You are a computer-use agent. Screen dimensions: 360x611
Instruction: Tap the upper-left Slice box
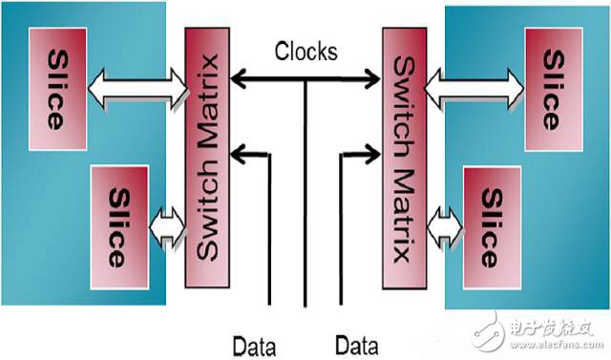[57, 89]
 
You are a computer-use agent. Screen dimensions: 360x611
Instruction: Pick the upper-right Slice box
[552, 89]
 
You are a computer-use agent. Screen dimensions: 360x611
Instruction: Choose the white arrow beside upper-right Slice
[474, 89]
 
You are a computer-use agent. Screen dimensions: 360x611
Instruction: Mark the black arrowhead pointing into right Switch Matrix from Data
[373, 150]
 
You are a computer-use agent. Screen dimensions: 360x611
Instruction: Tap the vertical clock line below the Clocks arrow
[305, 191]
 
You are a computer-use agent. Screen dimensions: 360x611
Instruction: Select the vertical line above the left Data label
[272, 239]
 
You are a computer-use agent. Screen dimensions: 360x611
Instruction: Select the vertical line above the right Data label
[337, 239]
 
